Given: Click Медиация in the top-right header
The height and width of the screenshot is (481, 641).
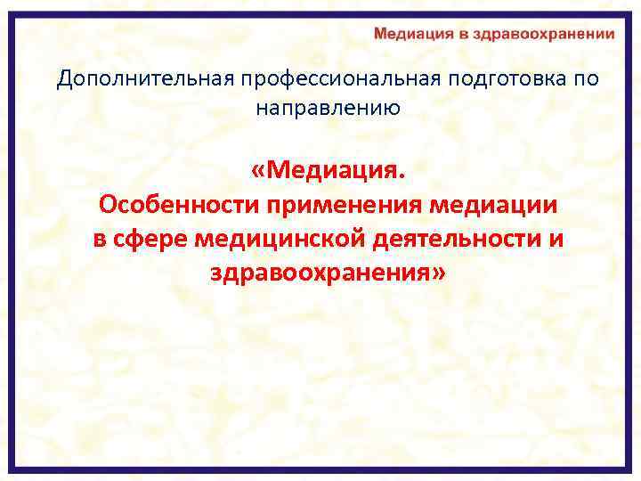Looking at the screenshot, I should pos(414,34).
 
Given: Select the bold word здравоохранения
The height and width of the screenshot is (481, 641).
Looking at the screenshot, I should pos(320,272).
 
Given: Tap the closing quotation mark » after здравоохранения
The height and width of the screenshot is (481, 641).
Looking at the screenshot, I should pos(436,272).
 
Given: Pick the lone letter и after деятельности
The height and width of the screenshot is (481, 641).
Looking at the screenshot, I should pos(558,238).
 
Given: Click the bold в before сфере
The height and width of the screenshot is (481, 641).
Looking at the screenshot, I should pos(101,238).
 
